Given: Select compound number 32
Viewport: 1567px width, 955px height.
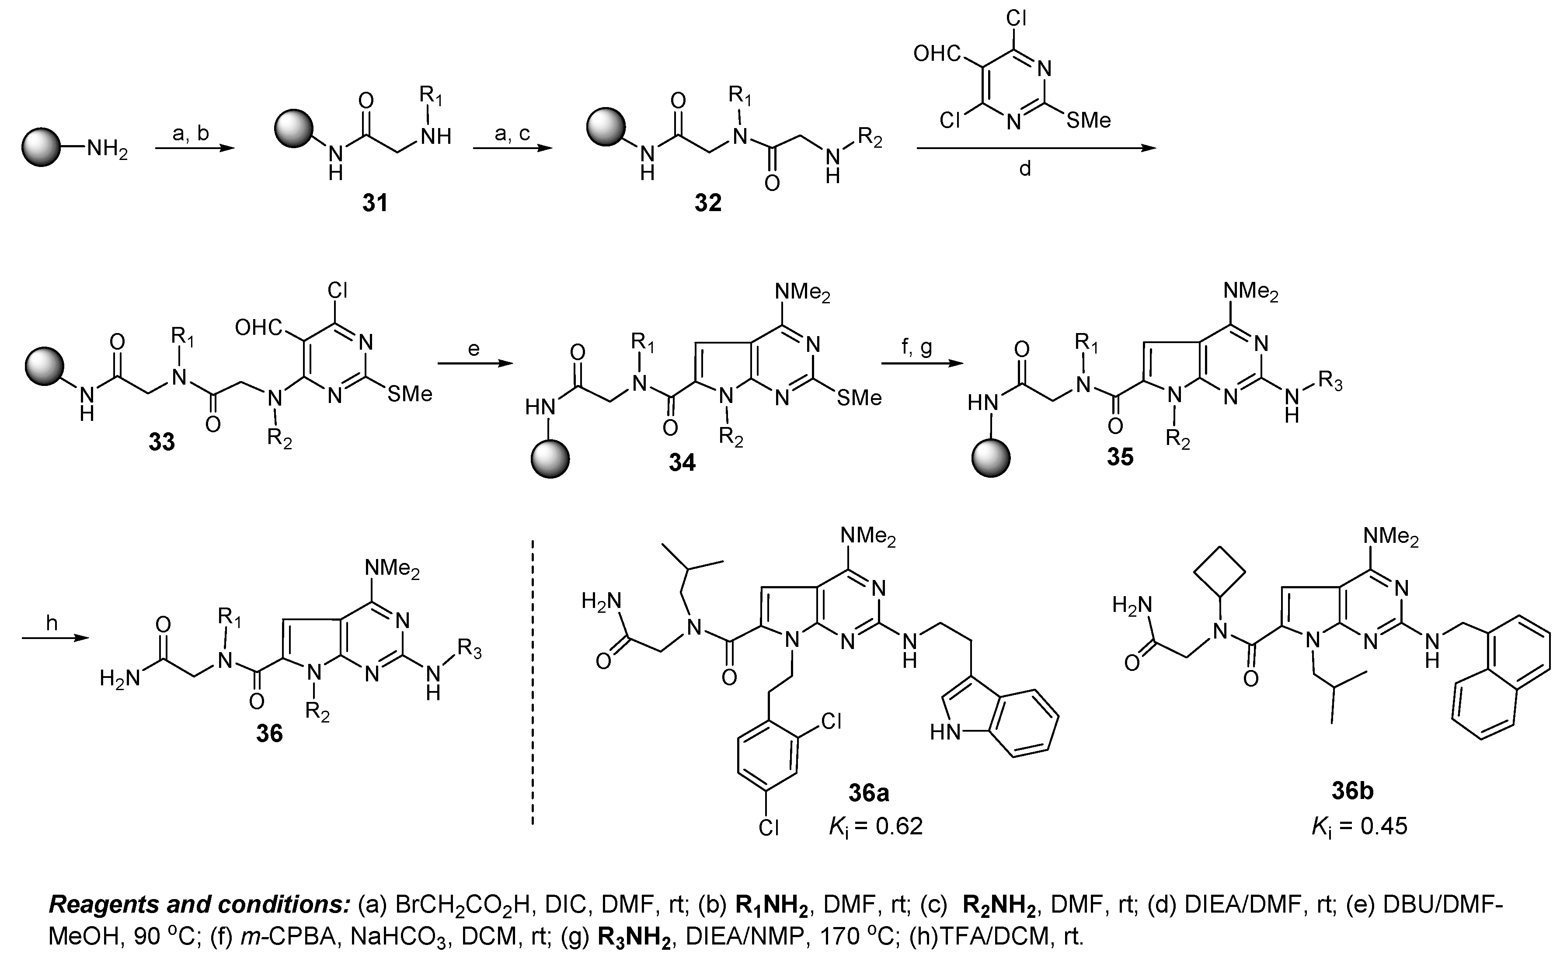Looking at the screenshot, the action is click(708, 204).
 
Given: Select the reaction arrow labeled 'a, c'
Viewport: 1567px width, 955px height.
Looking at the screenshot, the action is click(512, 149).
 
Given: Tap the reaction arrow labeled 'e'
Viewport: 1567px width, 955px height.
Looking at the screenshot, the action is click(474, 364).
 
